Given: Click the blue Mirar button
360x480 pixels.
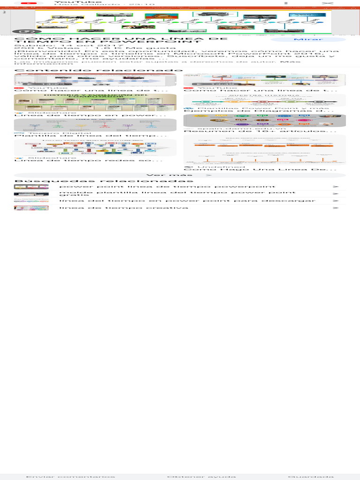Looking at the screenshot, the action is pyautogui.click(x=308, y=39).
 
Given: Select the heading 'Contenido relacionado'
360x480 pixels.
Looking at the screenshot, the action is pyautogui.click(x=98, y=70).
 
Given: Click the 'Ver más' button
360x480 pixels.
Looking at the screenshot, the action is pyautogui.click(x=180, y=175).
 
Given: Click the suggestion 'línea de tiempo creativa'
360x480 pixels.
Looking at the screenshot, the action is pyautogui.click(x=124, y=208).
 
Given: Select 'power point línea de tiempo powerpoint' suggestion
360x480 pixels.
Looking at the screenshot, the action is pyautogui.click(x=167, y=187).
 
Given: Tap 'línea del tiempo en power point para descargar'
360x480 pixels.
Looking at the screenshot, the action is pyautogui.click(x=187, y=201).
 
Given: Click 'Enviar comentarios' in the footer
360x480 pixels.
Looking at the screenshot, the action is pyautogui.click(x=70, y=476).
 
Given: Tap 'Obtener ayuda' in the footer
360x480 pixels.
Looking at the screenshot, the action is pyautogui.click(x=202, y=476).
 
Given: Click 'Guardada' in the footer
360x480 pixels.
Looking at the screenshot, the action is pyautogui.click(x=311, y=476).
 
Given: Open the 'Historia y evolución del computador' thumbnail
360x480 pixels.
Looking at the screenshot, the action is pyautogui.click(x=95, y=102).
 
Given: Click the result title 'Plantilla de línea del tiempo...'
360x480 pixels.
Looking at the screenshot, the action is pyautogui.click(x=91, y=135).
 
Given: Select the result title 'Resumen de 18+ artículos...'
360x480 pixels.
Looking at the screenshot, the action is pyautogui.click(x=260, y=131).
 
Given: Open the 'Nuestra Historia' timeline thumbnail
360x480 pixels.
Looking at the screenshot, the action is pyautogui.click(x=265, y=100).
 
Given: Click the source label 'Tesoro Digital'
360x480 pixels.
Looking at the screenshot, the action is pyautogui.click(x=46, y=133).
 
